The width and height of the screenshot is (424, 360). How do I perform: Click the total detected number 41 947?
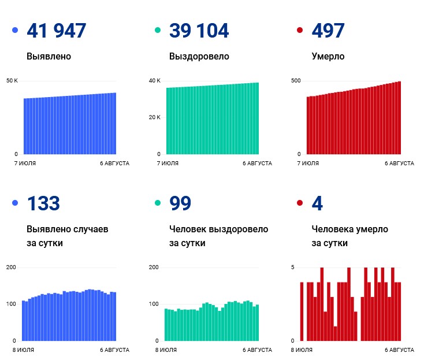click(56, 30)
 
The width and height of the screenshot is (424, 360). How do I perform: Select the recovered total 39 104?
click(199, 30)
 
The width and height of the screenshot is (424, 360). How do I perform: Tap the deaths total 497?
click(328, 30)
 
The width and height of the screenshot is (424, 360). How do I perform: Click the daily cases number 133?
click(43, 203)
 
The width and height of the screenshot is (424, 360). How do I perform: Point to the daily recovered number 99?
click(180, 203)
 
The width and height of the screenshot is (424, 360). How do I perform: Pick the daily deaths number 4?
click(317, 203)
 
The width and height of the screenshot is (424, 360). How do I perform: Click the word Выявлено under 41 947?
click(49, 56)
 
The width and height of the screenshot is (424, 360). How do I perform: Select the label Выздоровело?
click(199, 57)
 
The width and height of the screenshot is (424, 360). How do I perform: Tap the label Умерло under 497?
click(328, 57)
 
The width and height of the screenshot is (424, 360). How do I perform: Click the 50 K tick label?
click(12, 80)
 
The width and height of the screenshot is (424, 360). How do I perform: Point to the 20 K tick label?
click(154, 117)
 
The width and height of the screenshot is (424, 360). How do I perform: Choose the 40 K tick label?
click(154, 80)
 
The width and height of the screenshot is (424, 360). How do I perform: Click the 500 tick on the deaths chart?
click(296, 80)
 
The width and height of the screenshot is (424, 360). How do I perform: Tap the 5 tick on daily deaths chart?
click(292, 267)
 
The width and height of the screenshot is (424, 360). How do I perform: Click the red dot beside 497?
click(300, 30)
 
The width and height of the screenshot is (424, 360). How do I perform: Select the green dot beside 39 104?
click(157, 30)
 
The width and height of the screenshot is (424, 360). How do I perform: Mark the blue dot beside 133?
click(15, 203)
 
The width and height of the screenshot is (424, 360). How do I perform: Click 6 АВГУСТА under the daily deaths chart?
click(399, 350)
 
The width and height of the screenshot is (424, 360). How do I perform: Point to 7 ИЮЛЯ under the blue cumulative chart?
click(25, 164)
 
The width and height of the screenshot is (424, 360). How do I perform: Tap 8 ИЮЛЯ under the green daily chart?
click(166, 350)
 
